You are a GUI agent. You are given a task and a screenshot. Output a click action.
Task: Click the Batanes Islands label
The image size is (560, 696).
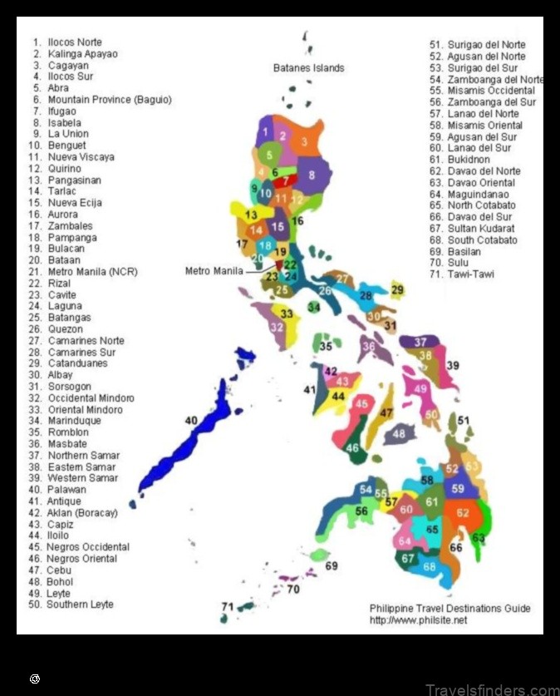click(x=308, y=67)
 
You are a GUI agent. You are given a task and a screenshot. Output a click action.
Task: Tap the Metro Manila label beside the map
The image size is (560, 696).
click(x=214, y=271)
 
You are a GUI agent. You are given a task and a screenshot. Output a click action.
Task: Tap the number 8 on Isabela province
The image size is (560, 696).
click(x=312, y=175)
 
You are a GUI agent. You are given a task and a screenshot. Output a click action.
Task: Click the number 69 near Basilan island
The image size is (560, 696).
click(x=332, y=566)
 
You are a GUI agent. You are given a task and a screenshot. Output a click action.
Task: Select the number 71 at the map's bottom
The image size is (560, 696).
click(x=227, y=607)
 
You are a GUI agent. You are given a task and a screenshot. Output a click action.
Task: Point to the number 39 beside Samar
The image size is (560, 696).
click(x=453, y=366)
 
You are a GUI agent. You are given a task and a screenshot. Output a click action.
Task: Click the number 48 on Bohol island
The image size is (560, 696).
click(x=399, y=433)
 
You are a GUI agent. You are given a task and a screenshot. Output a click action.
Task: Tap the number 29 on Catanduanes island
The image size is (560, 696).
click(x=397, y=289)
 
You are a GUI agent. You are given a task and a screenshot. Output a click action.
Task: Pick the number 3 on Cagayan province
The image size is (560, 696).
click(x=304, y=142)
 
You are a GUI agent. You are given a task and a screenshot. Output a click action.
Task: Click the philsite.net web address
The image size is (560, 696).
click(x=418, y=620)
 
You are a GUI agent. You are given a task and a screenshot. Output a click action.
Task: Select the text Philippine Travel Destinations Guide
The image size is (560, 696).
click(x=449, y=609)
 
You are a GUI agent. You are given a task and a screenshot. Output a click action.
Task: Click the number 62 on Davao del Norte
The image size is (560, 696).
click(x=463, y=513)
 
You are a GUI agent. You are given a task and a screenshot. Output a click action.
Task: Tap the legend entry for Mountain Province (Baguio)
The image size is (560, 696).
click(x=101, y=100)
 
